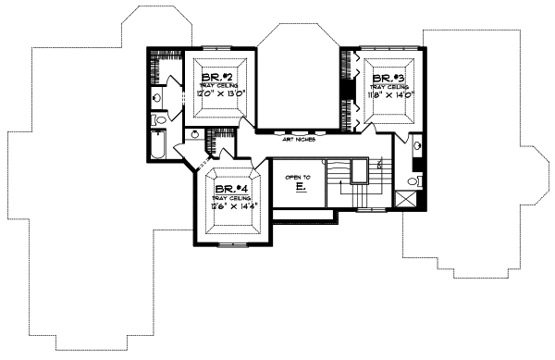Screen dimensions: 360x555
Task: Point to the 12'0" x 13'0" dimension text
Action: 219,93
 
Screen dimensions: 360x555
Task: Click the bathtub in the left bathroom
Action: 155,147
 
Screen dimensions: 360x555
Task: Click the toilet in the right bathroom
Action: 416,180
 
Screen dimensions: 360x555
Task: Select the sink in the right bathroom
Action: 416,145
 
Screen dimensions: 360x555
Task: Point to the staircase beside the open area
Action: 356,185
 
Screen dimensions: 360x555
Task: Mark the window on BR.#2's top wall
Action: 219,43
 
